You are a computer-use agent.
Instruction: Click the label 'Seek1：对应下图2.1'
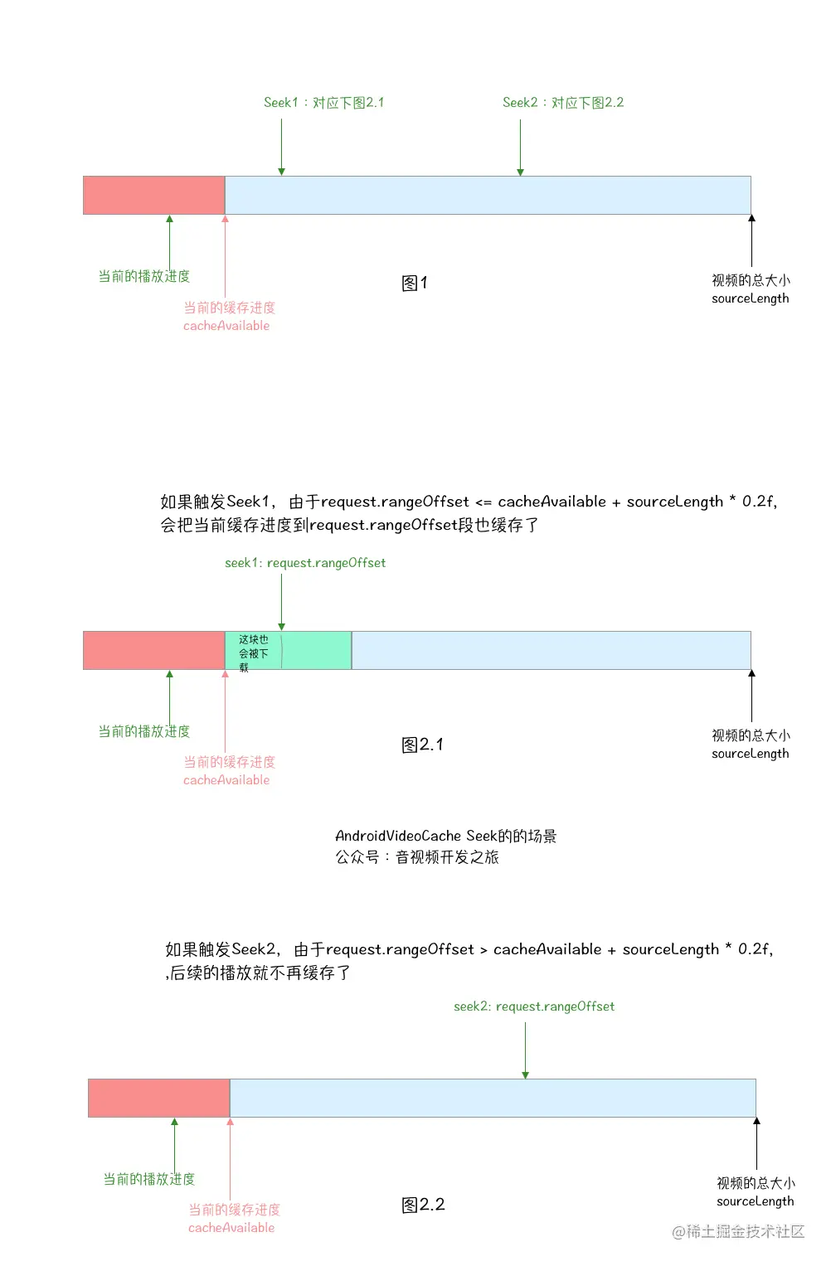[323, 103]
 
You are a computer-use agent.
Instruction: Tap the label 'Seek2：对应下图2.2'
[562, 103]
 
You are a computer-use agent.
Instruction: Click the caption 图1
[415, 284]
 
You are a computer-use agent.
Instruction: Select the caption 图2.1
[422, 745]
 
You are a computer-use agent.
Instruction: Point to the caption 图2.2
[423, 1205]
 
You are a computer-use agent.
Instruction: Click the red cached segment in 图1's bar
[153, 195]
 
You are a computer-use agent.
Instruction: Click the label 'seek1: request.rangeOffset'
[305, 563]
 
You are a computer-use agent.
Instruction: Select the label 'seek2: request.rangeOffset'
[534, 1006]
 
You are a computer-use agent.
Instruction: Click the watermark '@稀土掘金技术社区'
[738, 1232]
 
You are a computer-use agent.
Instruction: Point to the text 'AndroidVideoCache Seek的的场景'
[445, 836]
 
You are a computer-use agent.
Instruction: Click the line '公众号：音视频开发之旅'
[417, 857]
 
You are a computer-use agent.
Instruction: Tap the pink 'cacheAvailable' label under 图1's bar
[226, 326]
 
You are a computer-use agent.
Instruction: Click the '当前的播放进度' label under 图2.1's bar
[144, 731]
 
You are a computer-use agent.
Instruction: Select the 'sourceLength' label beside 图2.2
[756, 1201]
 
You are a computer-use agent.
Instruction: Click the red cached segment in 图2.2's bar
[158, 1098]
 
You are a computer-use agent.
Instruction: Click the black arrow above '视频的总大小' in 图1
[751, 240]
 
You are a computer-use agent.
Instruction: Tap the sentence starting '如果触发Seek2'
[469, 950]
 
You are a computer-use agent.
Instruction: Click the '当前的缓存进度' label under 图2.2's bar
[234, 1210]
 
